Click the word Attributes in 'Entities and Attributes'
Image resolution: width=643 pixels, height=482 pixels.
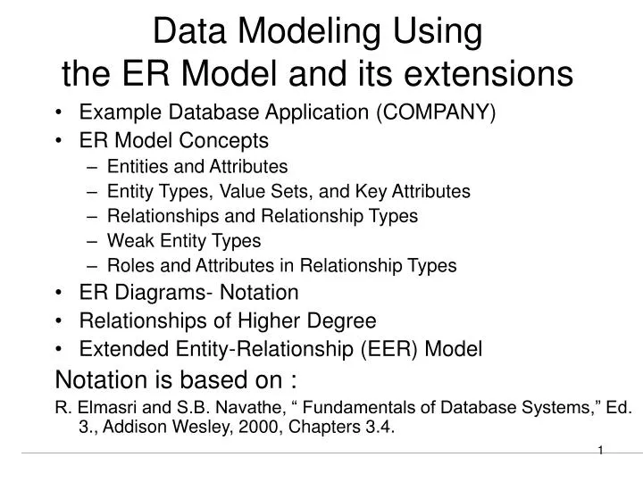(252, 166)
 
